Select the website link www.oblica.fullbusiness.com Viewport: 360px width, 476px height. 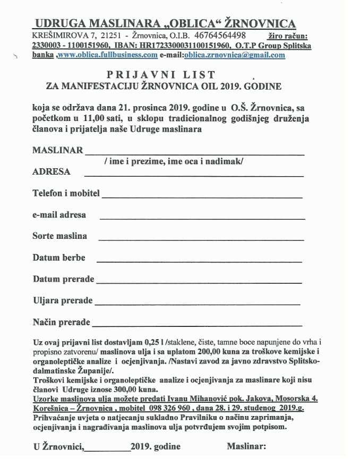(107, 55)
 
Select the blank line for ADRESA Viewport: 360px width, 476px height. (194, 175)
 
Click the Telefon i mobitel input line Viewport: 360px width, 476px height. (202, 196)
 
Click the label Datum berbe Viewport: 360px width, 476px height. (59, 258)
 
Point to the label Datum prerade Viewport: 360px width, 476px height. (63, 279)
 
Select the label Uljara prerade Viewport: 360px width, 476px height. (63, 301)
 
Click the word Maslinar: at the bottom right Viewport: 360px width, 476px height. (246, 447)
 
